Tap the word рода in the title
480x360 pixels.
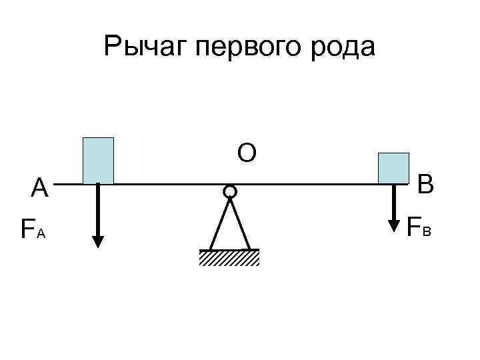[x=343, y=47]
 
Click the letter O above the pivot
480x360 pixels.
[x=246, y=154]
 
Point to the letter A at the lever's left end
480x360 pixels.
[x=40, y=189]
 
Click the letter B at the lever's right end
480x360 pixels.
[x=425, y=184]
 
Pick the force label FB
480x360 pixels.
[x=419, y=227]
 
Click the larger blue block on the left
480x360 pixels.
[x=98, y=160]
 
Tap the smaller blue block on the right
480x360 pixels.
[x=393, y=168]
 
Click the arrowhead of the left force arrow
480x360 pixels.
[x=98, y=241]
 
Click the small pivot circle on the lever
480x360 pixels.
[x=229, y=192]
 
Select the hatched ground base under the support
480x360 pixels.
[x=229, y=257]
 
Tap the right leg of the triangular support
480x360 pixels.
[x=241, y=224]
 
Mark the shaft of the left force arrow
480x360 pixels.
[x=98, y=210]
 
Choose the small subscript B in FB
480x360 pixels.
[x=427, y=231]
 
